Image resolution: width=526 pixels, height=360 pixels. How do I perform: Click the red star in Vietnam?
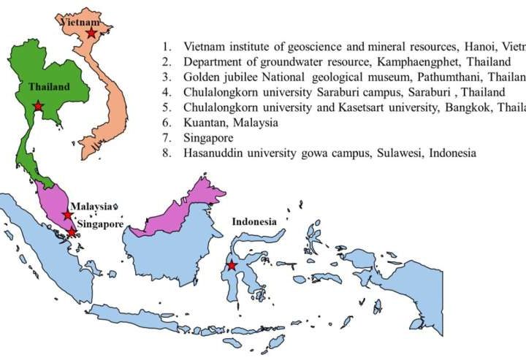91,33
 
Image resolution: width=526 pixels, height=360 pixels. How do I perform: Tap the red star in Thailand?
38,107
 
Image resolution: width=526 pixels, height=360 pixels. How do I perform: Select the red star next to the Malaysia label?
67,215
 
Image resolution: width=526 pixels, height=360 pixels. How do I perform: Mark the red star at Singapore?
72,232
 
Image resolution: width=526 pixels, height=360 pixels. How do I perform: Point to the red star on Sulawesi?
232,266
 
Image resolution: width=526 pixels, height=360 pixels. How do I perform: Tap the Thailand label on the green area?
49,87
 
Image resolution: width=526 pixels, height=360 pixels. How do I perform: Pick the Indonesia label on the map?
254,221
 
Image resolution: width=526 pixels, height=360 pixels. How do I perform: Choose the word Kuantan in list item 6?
204,123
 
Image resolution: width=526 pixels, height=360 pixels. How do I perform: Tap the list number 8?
166,153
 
